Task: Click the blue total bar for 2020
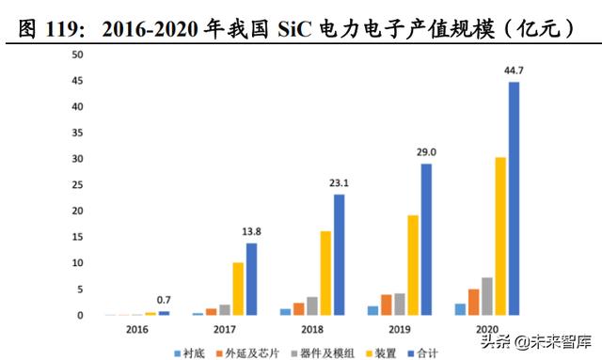514,198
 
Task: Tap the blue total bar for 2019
426,240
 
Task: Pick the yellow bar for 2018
325,273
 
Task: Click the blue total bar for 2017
251,279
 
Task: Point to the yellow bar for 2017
238,289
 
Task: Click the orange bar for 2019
387,305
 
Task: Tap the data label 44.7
514,70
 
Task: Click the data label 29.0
426,151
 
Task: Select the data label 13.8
251,231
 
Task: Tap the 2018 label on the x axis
312,330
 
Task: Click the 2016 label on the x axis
138,330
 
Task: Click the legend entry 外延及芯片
256,353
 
